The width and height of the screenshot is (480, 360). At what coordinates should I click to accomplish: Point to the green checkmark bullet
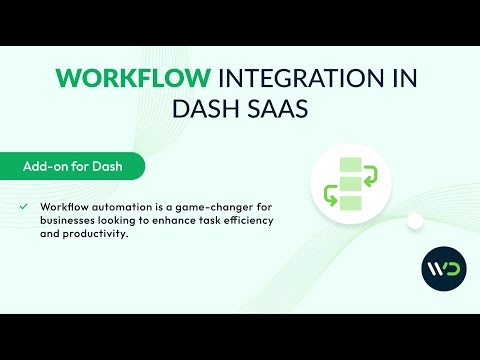23,206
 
